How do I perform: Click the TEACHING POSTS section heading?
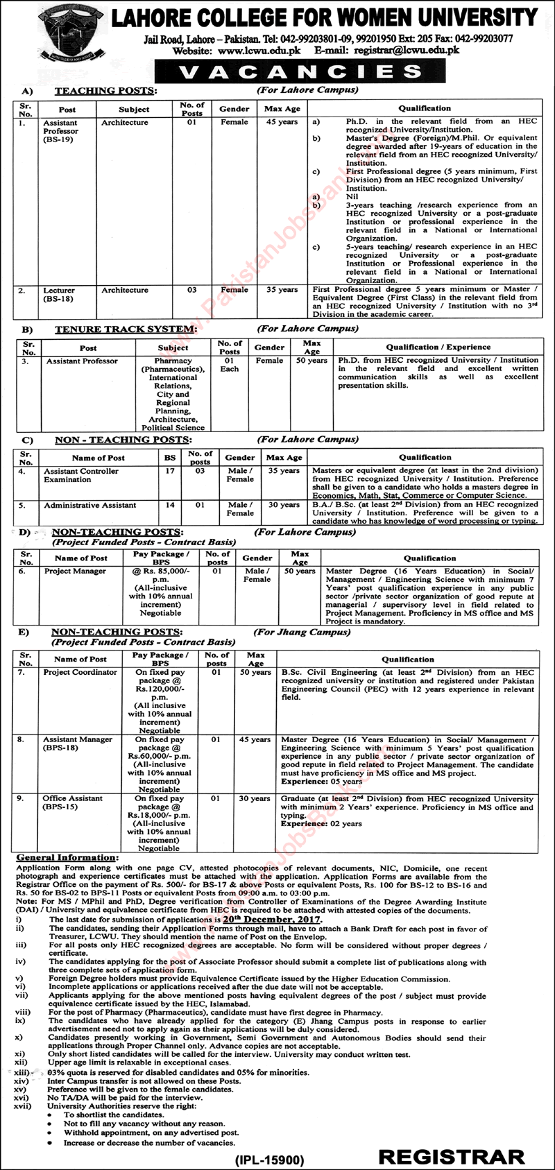coord(105,91)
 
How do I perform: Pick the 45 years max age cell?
coord(282,122)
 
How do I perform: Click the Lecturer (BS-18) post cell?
coord(62,294)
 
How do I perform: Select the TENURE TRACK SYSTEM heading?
coord(125,329)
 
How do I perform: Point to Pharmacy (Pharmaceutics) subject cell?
coord(173,365)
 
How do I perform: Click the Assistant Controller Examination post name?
coord(81,475)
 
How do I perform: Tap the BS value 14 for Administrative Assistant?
coord(169,505)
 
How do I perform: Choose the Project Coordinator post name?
coord(80,673)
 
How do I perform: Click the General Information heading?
coord(67,859)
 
